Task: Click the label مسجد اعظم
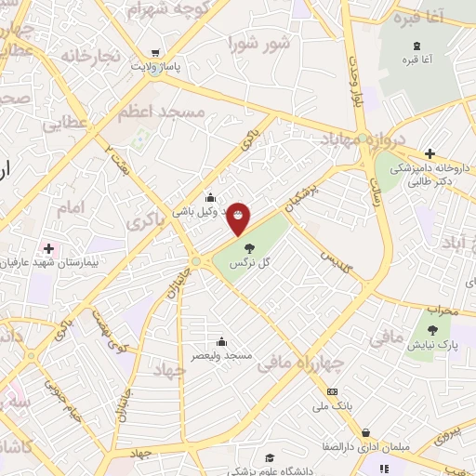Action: click(x=161, y=111)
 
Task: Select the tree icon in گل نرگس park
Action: click(x=249, y=247)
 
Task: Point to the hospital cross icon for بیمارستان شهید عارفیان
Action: click(x=48, y=248)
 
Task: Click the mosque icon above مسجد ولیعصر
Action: click(x=221, y=341)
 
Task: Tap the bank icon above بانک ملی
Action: click(x=332, y=391)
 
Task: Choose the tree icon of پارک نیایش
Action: click(x=432, y=329)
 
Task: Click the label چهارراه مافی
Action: click(x=311, y=362)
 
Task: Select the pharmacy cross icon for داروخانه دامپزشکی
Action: click(x=430, y=153)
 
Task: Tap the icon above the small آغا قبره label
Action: click(x=416, y=45)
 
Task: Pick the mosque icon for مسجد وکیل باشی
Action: click(x=210, y=196)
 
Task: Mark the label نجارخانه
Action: click(x=91, y=57)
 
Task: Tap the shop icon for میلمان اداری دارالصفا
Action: click(x=366, y=432)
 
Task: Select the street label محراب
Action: click(x=443, y=311)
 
